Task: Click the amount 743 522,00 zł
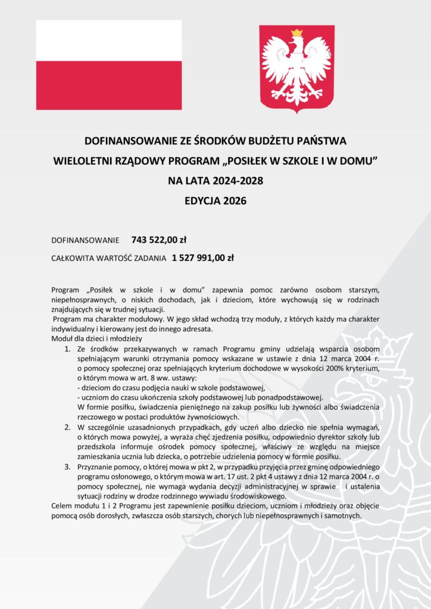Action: (x=159, y=240)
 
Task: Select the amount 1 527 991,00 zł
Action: (x=203, y=258)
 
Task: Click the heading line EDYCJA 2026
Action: (x=215, y=201)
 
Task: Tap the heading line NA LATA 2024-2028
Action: (x=215, y=181)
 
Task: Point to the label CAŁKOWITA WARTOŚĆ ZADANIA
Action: (x=109, y=259)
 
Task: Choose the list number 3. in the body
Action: (x=68, y=468)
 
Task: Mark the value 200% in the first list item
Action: (x=316, y=369)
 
